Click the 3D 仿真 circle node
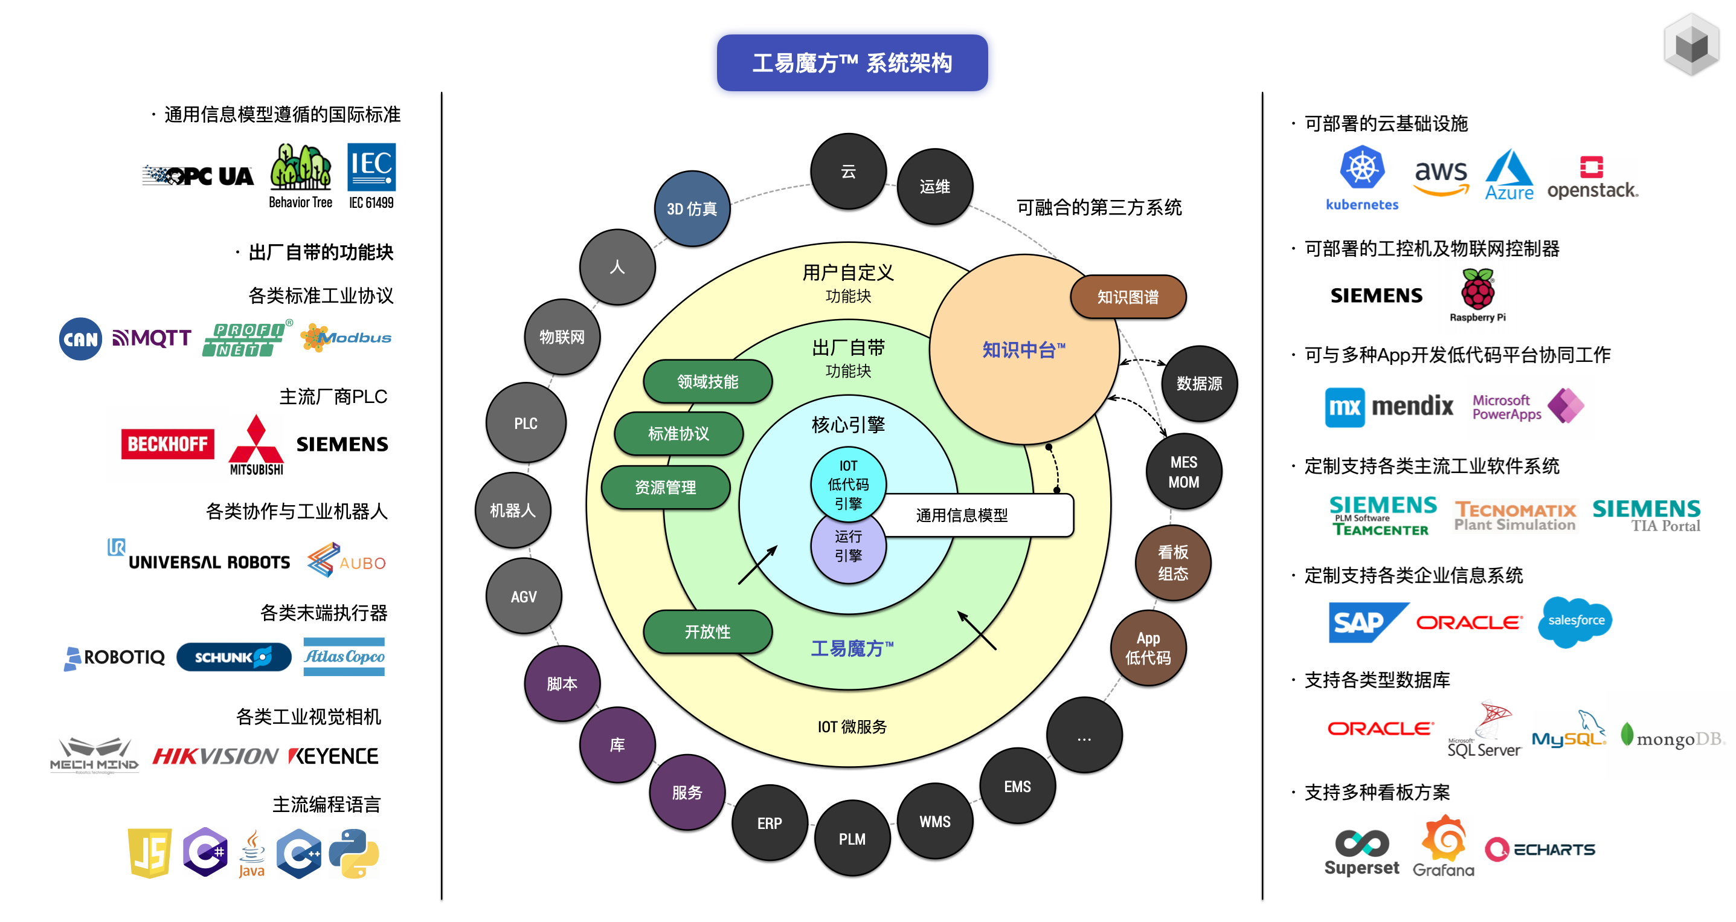tap(692, 209)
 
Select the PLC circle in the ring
tap(526, 424)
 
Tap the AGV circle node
tap(524, 596)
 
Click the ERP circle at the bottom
tap(769, 823)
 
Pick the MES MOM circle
tap(1183, 472)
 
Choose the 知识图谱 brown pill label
tap(1128, 297)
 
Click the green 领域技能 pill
tap(707, 381)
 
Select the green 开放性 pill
tap(707, 631)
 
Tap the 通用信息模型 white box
tap(977, 515)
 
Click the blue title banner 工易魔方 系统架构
tap(852, 63)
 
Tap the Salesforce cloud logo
tap(1575, 621)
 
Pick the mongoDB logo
tap(1672, 737)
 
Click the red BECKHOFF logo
tap(167, 444)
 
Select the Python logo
tap(354, 853)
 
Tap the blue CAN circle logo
tap(80, 338)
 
